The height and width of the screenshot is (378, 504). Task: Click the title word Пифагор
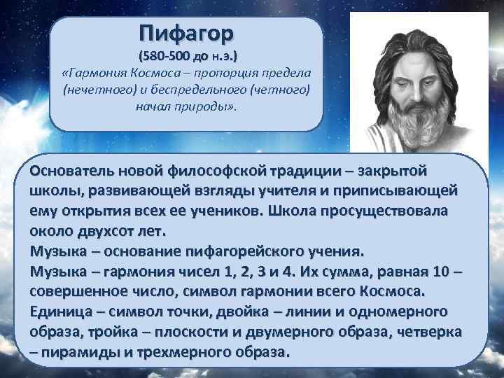(x=187, y=33)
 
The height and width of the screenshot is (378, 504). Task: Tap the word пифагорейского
(x=243, y=251)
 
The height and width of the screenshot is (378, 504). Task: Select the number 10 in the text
(x=435, y=270)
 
